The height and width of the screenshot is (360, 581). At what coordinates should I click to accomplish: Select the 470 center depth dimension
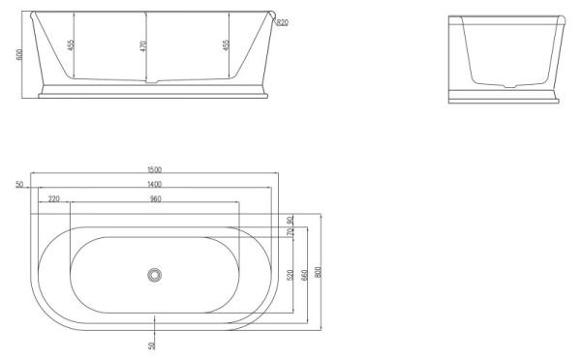click(144, 46)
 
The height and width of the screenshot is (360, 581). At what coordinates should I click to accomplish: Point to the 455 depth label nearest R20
click(227, 45)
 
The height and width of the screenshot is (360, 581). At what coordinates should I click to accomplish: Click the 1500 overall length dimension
click(156, 170)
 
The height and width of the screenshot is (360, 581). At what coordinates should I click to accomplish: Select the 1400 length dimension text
click(155, 184)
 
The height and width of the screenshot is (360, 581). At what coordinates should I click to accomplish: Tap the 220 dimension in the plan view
click(52, 198)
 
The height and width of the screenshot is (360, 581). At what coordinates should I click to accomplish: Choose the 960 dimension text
click(155, 198)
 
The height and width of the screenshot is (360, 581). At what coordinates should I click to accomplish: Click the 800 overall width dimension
click(319, 273)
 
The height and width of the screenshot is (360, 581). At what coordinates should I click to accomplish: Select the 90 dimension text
click(290, 220)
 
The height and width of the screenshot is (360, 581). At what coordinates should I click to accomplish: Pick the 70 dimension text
click(290, 231)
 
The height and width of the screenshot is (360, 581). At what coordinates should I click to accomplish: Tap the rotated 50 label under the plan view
click(151, 345)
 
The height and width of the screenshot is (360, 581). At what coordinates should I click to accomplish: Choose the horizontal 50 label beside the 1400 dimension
click(19, 184)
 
